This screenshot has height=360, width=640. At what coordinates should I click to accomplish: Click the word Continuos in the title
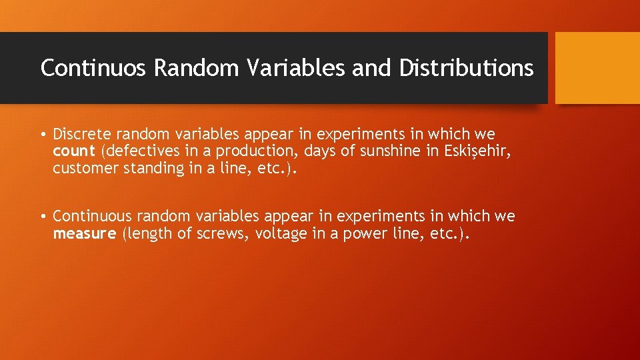coord(93,68)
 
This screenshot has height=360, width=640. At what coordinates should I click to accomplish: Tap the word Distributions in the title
coord(467,68)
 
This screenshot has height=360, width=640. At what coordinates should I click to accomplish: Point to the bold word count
coord(73,151)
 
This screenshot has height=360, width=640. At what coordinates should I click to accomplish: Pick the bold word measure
coord(84,234)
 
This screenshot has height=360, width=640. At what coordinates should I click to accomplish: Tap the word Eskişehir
coord(477,151)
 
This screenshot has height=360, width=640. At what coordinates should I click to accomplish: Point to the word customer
coord(85,168)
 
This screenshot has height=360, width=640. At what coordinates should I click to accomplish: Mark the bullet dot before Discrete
coord(43,135)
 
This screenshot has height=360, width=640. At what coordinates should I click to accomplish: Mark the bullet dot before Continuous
coord(43,217)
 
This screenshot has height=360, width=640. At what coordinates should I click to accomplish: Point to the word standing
coord(151,168)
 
